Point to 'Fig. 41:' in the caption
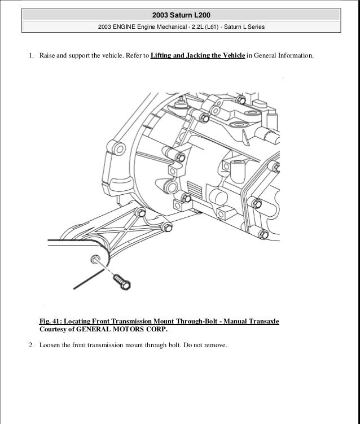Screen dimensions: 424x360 coord(52,321)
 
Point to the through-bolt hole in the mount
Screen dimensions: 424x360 coord(93,260)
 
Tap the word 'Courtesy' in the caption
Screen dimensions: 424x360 coord(55,330)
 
